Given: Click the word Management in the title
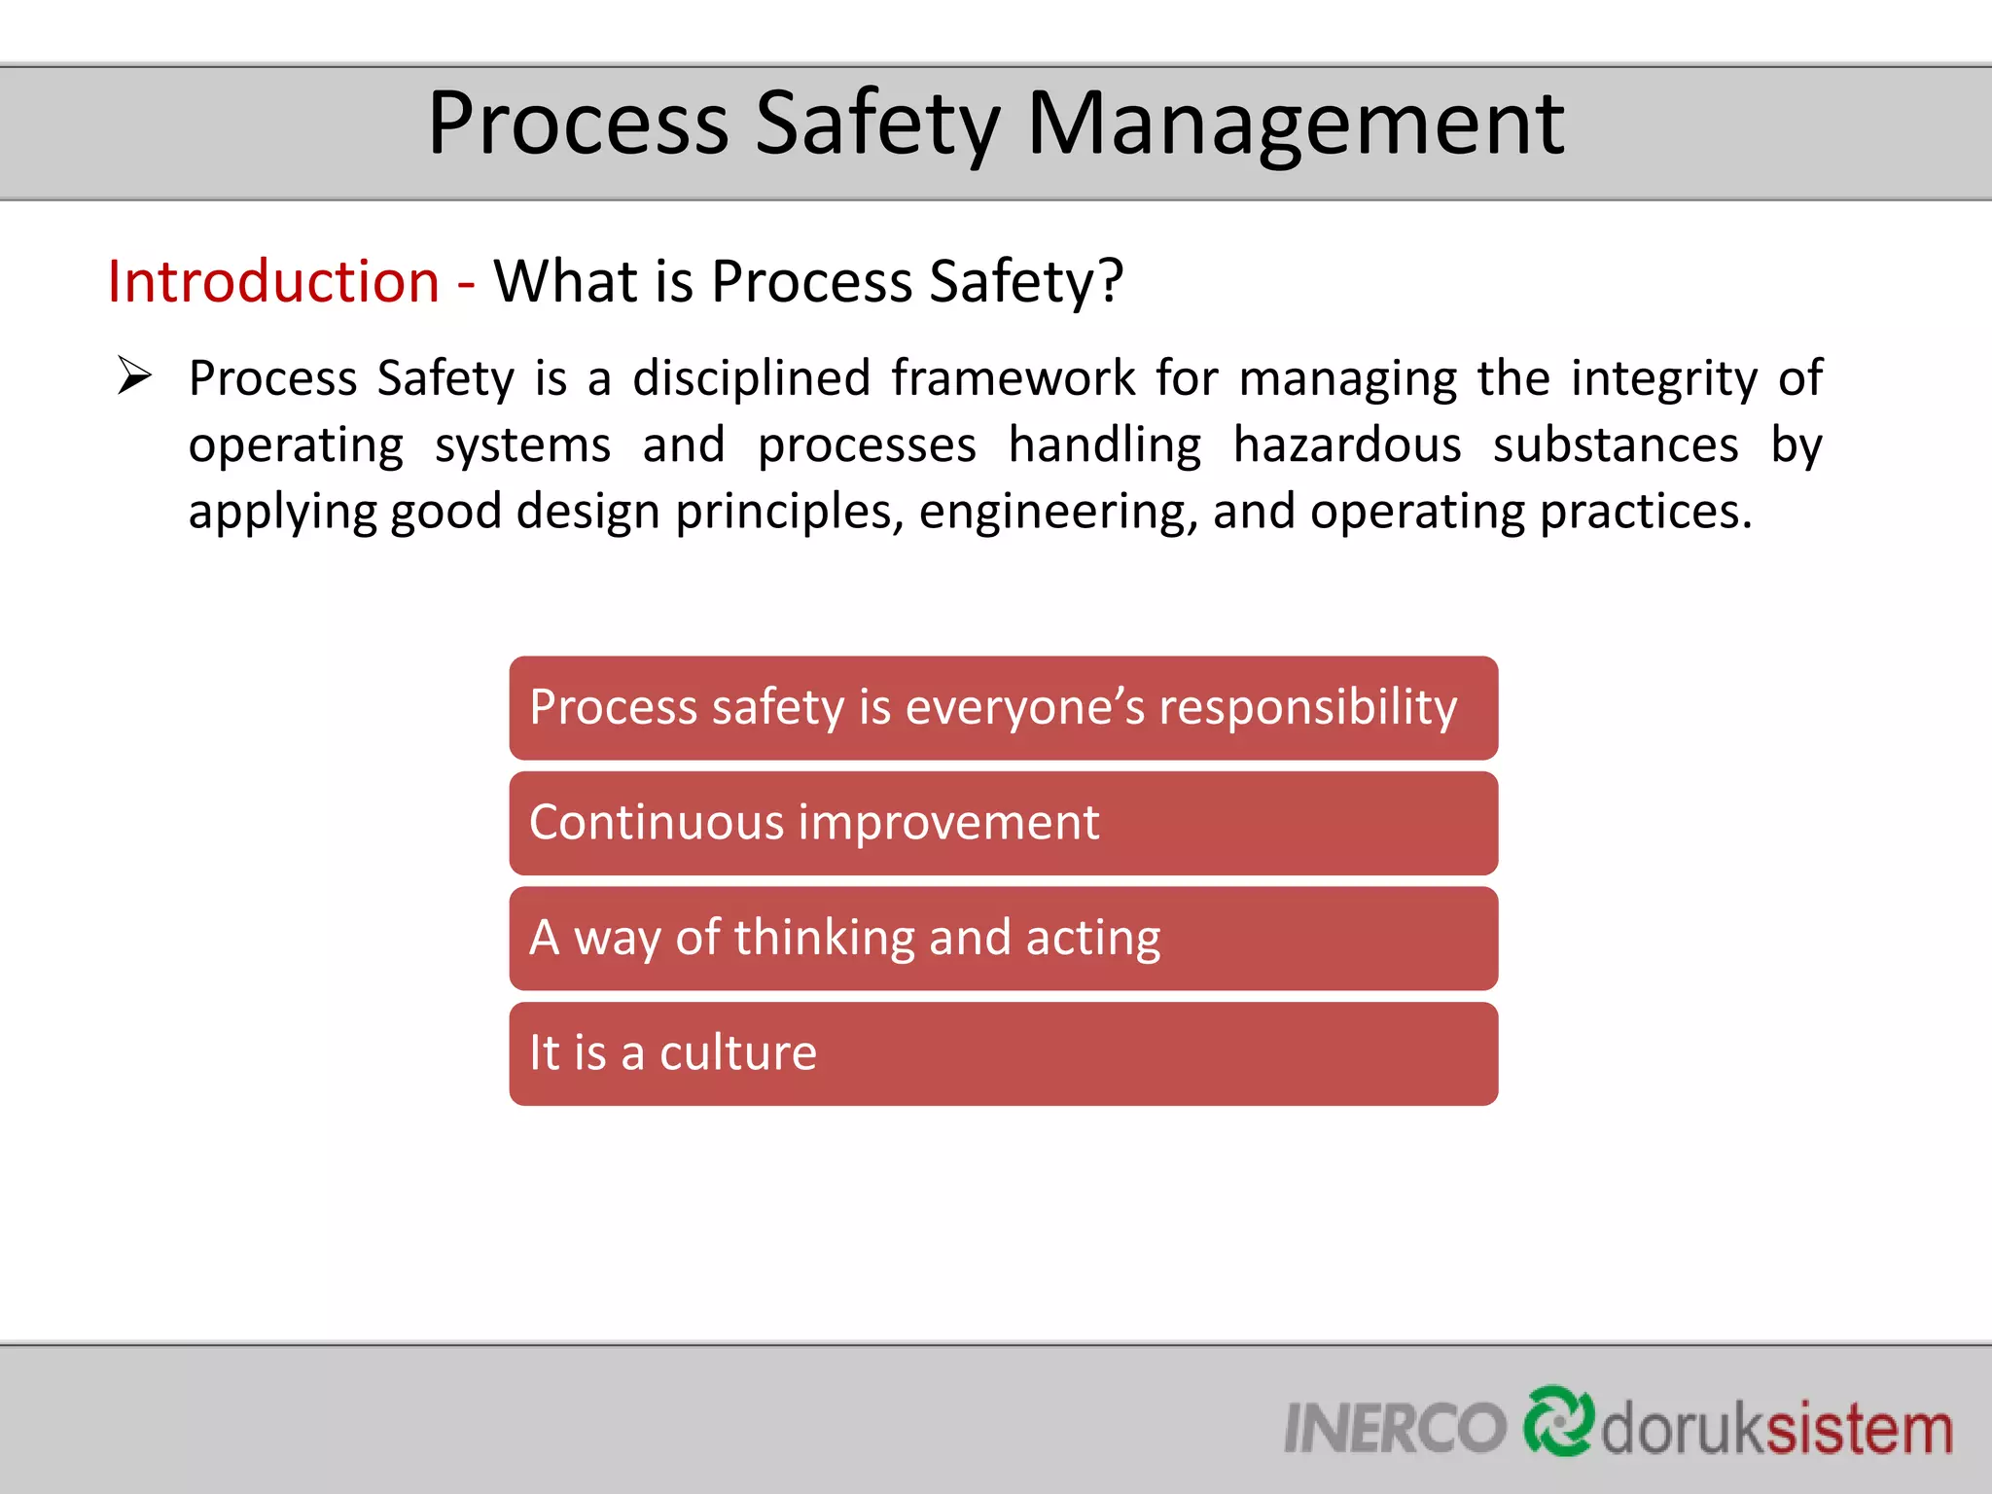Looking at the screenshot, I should tap(1296, 124).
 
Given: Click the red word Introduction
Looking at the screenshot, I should tap(273, 282).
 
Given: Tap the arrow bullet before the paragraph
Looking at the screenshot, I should tap(134, 375).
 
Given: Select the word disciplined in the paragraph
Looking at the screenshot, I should tap(751, 377).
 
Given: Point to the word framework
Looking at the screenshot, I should tap(1013, 377).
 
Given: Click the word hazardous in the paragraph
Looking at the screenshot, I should tap(1347, 445).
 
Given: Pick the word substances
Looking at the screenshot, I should tap(1615, 445).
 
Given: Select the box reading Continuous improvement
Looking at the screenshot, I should tap(1003, 823).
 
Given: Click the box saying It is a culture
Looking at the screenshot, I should tap(1003, 1053).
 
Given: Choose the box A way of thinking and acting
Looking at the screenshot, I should tap(1003, 939).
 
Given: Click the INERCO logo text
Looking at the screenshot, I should tap(1394, 1428).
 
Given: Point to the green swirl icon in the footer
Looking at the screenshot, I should tap(1558, 1421).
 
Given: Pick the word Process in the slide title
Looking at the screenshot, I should tap(578, 124).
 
